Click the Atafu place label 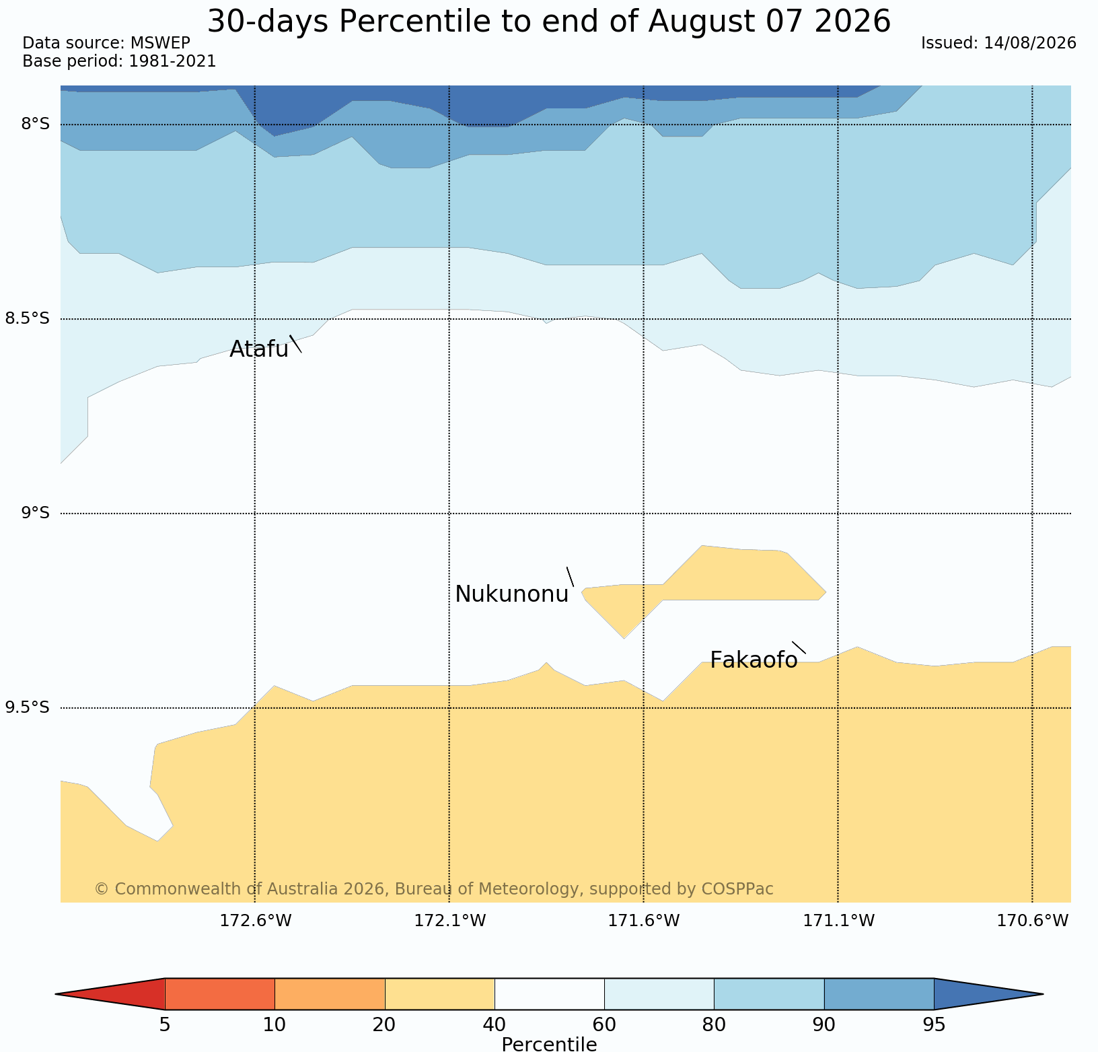tap(259, 349)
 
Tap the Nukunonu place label tap(512, 594)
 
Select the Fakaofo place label tap(754, 660)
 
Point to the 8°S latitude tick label tap(36, 125)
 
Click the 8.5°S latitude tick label tap(28, 319)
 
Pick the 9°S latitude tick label tap(36, 514)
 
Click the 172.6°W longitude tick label tap(256, 921)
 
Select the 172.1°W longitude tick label tap(449, 921)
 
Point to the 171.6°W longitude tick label tap(644, 921)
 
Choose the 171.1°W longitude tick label tap(838, 921)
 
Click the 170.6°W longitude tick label tap(1033, 921)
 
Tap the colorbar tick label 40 tap(495, 1025)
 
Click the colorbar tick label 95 tap(934, 1025)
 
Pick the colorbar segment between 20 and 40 tap(440, 994)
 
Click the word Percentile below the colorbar tap(549, 1044)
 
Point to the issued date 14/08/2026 tap(1030, 43)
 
